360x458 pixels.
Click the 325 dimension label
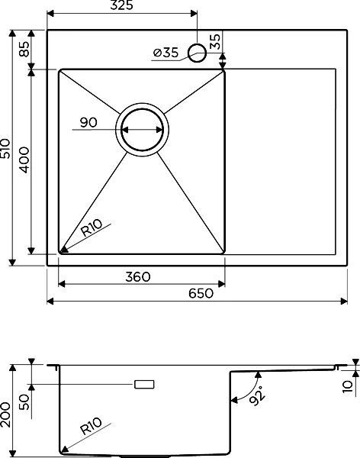122,5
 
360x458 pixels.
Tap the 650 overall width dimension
201,293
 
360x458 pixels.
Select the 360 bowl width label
138,277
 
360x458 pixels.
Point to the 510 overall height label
5,148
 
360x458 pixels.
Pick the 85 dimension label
24,49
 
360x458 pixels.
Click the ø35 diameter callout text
166,53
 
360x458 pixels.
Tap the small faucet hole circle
198,53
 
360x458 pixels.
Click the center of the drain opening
142,130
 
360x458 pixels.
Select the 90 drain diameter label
88,123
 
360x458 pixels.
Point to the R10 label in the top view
92,227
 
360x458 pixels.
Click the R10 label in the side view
91,426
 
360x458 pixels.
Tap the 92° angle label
258,395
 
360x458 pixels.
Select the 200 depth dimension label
5,414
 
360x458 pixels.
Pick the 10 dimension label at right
348,386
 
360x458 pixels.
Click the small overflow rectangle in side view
144,385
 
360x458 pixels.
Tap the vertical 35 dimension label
215,42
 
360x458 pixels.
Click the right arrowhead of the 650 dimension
344,302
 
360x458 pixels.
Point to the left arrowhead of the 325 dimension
50,14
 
